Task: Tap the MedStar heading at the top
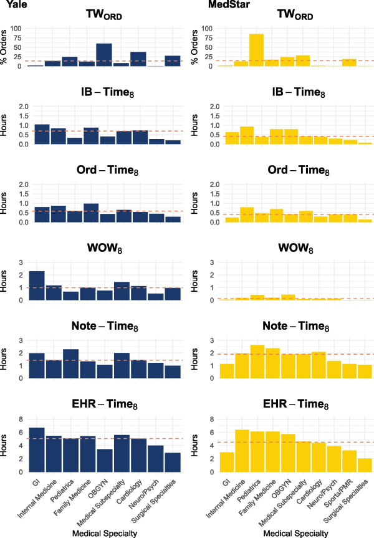point(213,6)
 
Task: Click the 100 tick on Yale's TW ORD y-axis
point(17,29)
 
